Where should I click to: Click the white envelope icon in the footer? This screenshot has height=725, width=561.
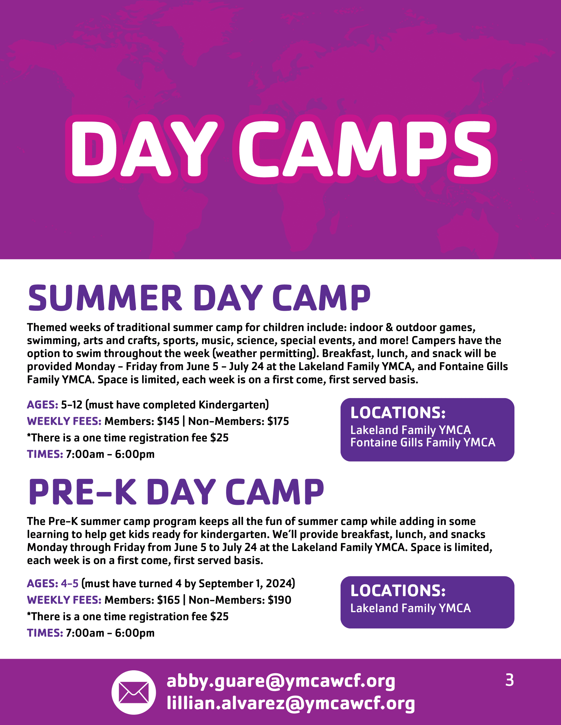click(x=134, y=692)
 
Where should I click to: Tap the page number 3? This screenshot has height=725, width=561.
click(x=509, y=680)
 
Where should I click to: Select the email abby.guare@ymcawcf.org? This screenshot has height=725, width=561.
click(x=281, y=681)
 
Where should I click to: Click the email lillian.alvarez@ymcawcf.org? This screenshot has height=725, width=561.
click(x=291, y=704)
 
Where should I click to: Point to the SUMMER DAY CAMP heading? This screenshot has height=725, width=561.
click(x=199, y=298)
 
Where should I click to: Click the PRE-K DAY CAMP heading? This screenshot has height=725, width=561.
click(x=176, y=492)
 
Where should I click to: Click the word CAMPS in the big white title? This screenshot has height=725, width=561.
click(x=365, y=149)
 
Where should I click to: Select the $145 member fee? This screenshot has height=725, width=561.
click(x=168, y=421)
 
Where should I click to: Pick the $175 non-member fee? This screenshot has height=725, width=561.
click(x=278, y=421)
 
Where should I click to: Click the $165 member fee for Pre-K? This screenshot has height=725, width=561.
click(x=169, y=600)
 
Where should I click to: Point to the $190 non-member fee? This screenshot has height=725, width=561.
click(x=280, y=600)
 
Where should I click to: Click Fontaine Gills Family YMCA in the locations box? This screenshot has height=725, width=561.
click(x=423, y=443)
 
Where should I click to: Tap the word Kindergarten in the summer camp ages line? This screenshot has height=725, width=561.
click(x=232, y=405)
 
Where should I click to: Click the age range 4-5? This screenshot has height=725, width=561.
click(x=70, y=583)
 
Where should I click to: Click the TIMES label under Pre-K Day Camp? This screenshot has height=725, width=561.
click(x=45, y=633)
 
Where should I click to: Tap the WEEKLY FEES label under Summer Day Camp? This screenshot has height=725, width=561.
click(x=64, y=421)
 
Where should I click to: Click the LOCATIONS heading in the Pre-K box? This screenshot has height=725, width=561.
click(x=398, y=591)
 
